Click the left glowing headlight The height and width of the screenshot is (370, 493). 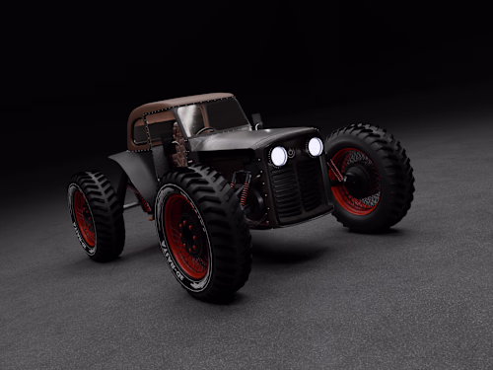[x=279, y=156]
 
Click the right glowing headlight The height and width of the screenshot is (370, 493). [x=315, y=146]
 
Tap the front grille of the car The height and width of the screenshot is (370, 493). [x=297, y=187]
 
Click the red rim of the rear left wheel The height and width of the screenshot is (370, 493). [x=84, y=218]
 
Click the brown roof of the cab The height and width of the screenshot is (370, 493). [x=177, y=103]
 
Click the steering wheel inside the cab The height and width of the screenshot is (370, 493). [x=206, y=130]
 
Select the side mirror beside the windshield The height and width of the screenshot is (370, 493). [x=256, y=120]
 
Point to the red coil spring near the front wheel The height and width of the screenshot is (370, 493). [x=244, y=192]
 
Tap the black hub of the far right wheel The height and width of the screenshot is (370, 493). [x=359, y=179]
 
